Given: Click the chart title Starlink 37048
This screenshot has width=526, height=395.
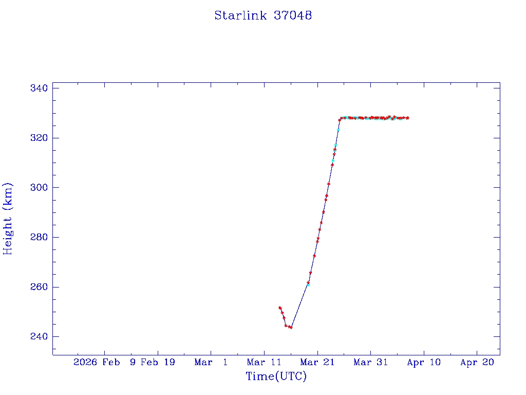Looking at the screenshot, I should (263, 16).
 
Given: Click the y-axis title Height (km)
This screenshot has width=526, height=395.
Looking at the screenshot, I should (8, 218).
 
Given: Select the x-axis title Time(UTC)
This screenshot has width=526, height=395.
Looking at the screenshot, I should (276, 376).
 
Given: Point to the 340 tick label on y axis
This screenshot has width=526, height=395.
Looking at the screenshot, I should (39, 88).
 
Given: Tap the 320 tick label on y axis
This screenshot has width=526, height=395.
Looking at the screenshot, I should (39, 138).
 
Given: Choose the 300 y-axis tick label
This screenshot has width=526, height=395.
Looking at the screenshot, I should (39, 188).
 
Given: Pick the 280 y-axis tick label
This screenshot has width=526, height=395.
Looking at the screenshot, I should (39, 237).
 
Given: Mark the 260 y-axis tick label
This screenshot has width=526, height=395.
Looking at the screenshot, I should (39, 287).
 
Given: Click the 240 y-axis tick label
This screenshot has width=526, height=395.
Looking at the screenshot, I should (39, 336).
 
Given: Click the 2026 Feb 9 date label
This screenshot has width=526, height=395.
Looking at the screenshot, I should (105, 363).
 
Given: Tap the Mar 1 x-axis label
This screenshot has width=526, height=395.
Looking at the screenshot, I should (211, 363).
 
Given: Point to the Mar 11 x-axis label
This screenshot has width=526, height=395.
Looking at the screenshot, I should (264, 363).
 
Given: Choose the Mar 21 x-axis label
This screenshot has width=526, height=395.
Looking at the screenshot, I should (317, 363).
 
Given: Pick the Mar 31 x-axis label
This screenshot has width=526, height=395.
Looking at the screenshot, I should (370, 363).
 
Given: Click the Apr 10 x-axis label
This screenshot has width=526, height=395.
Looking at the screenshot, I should (424, 363).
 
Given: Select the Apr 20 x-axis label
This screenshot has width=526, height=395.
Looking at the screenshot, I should (477, 363).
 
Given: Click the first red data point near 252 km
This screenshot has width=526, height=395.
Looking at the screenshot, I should (280, 308).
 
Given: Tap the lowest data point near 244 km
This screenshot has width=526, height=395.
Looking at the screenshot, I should (291, 327).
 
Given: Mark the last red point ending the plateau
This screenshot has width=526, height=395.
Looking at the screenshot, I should (407, 118).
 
